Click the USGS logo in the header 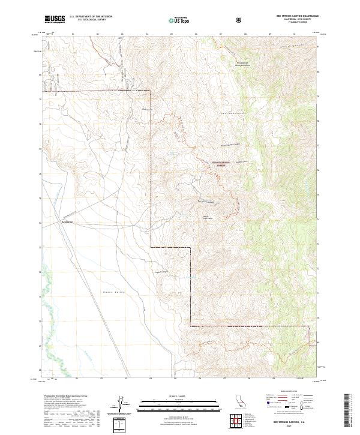click(x=55, y=19)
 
